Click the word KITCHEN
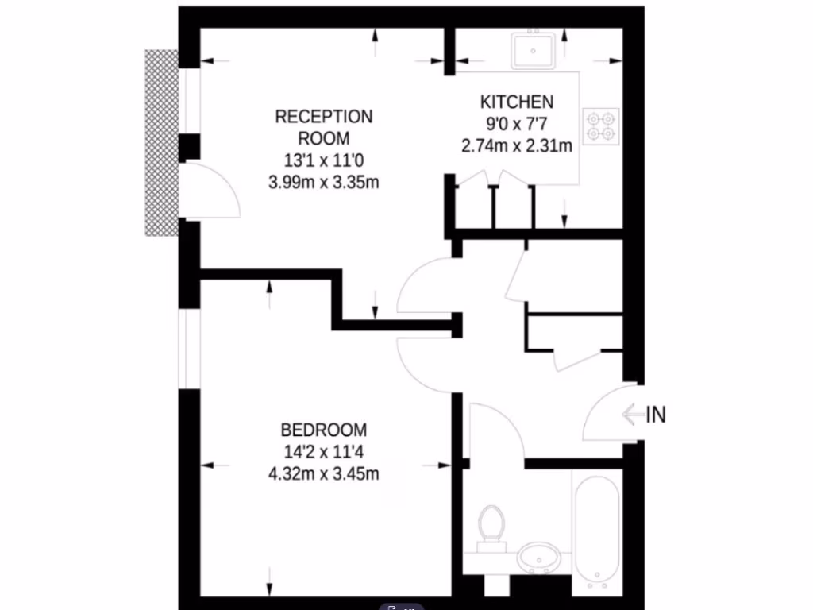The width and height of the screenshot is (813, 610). point(516,102)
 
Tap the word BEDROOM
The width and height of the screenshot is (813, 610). point(324,430)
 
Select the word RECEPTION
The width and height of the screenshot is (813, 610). point(323,117)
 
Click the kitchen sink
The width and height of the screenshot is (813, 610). point(534,50)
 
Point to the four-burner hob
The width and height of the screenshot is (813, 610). point(600,128)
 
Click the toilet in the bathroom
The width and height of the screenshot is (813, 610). point(492,527)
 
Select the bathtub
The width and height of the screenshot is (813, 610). point(596,528)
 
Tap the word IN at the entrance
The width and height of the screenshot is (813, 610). point(656,415)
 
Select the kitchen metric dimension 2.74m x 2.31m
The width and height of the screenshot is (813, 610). point(516,145)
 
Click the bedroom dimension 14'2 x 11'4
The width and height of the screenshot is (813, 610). point(324,453)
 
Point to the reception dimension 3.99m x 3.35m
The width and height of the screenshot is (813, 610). point(323,182)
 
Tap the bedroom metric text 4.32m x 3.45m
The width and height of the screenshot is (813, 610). point(324,475)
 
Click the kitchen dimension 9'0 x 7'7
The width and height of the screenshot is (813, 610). point(516,124)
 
